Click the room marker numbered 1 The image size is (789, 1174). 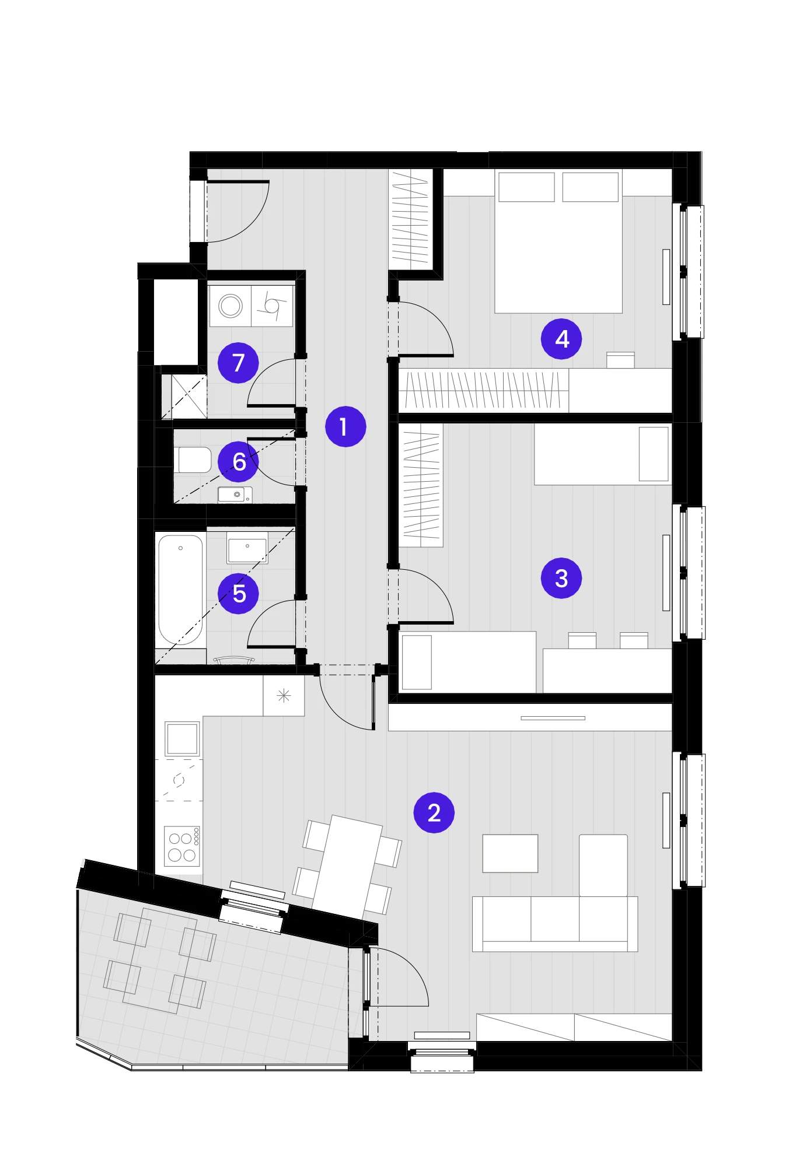click(x=345, y=427)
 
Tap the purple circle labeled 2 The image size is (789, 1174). click(x=434, y=812)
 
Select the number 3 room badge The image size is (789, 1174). click(x=561, y=578)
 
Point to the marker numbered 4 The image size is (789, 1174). click(x=561, y=339)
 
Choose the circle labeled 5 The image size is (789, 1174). click(x=238, y=594)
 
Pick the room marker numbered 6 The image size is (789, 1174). click(x=238, y=461)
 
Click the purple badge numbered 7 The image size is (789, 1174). click(x=238, y=363)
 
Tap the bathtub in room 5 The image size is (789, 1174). click(x=181, y=590)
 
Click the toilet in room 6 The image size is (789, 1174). click(x=193, y=460)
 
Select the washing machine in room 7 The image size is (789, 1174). click(x=231, y=306)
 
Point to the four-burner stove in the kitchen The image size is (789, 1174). click(x=182, y=846)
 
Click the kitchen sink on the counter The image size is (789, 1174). click(x=182, y=739)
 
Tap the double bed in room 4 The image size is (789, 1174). click(x=558, y=241)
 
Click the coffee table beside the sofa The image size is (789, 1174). click(x=510, y=853)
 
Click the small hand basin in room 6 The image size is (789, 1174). click(x=235, y=495)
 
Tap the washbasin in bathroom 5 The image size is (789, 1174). click(x=247, y=548)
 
